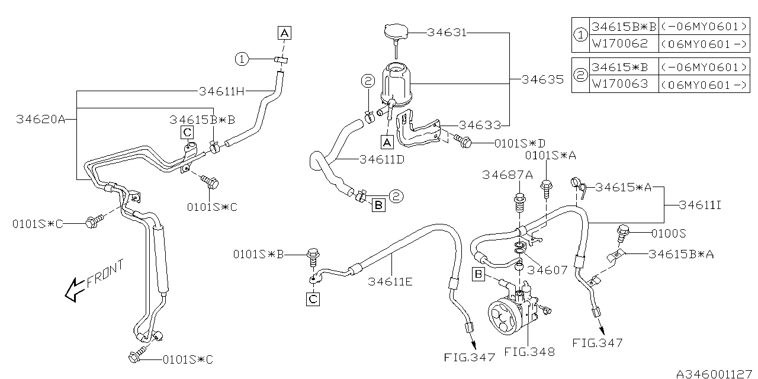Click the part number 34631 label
point(447,33)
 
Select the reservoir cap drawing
point(396,33)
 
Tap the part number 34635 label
point(542,79)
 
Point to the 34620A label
point(40,119)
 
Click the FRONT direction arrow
point(75,290)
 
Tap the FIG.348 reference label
point(529,352)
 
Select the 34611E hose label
point(390,281)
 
